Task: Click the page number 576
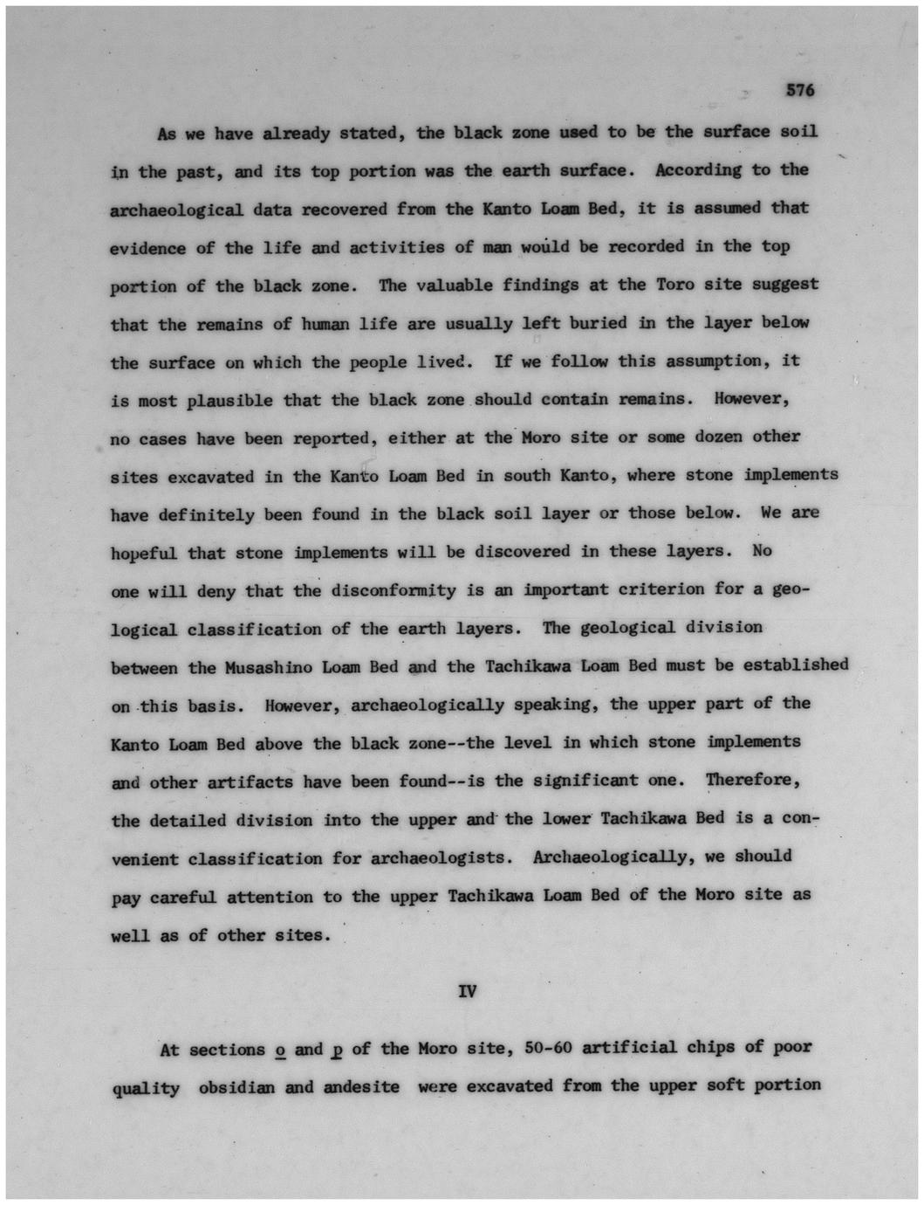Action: pos(799,91)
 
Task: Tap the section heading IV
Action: pos(468,991)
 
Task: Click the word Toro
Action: pos(675,284)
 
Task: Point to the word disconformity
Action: pos(394,590)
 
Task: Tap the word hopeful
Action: pos(143,554)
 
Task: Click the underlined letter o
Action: pos(280,1050)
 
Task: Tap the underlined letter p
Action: pos(336,1050)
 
